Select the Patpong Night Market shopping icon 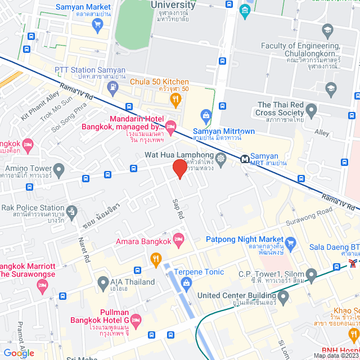[290, 243]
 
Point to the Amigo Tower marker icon [59, 168]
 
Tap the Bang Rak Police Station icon [71, 212]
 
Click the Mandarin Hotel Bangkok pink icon [171, 125]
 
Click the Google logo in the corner [19, 353]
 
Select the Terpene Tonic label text [199, 272]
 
